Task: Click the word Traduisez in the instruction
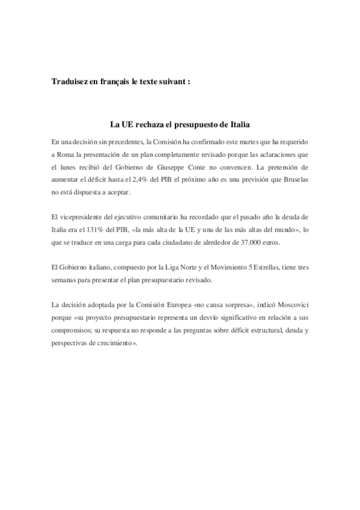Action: tap(69, 82)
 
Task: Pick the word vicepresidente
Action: tap(81, 217)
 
